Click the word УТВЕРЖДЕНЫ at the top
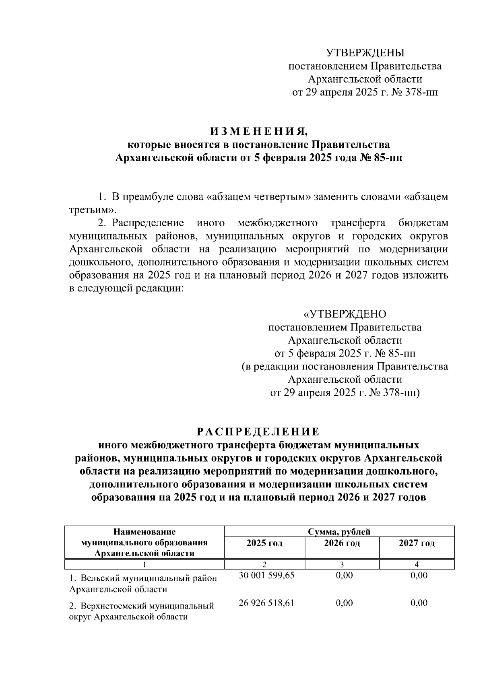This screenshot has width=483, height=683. coord(365,53)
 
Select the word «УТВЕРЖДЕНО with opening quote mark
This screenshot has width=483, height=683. coord(345,314)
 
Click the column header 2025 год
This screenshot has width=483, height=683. coord(264,543)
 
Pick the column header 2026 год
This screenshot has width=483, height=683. coord(342,543)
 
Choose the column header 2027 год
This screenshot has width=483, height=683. coord(417,543)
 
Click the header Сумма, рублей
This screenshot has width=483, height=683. coord(339,532)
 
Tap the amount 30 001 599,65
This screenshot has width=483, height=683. coord(266,576)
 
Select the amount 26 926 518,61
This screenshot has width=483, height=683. coord(266,603)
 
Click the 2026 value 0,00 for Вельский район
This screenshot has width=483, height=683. coord(344,576)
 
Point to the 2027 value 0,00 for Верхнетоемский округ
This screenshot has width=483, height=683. coord(419,603)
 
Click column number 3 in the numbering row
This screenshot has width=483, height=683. coord(342,565)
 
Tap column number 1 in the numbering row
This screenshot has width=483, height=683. coord(144,565)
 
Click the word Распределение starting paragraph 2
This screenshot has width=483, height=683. coord(148,223)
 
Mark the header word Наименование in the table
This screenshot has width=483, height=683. coord(144,532)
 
